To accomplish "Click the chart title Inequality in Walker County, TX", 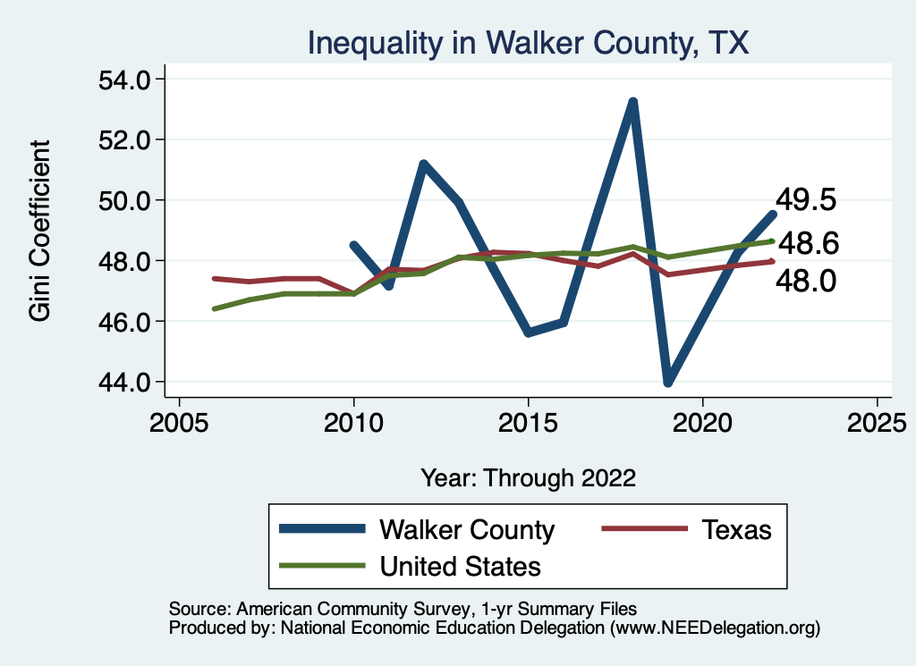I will click(x=528, y=42).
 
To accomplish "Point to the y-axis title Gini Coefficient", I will click(x=40, y=231).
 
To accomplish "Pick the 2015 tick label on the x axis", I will click(x=528, y=421).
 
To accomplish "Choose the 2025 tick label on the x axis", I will click(x=877, y=421).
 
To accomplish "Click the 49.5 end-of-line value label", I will click(x=806, y=199).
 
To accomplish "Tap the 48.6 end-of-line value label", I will click(x=806, y=242).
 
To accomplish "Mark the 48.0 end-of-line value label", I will click(x=806, y=282).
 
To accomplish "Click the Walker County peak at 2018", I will click(x=632, y=102).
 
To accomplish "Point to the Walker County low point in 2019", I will click(x=667, y=382).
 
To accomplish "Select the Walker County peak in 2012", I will click(x=423, y=164).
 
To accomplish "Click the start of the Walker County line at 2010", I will click(x=354, y=244).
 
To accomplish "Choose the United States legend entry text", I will click(x=461, y=565).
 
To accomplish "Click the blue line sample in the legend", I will click(x=323, y=529).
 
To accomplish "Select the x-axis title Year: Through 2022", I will click(x=528, y=478).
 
